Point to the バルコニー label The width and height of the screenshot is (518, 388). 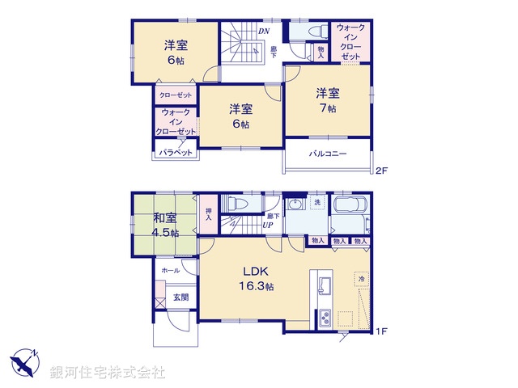[327, 154]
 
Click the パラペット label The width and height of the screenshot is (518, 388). [175, 152]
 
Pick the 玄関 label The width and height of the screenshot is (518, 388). [180, 297]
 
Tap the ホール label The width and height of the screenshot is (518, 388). [170, 270]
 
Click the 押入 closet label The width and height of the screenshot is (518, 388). [208, 214]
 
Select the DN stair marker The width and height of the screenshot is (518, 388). [264, 32]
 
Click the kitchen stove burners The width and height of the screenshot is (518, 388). [325, 316]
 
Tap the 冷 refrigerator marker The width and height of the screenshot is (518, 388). [360, 278]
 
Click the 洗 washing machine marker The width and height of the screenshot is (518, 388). [318, 201]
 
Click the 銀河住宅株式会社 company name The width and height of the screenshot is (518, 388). [108, 373]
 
